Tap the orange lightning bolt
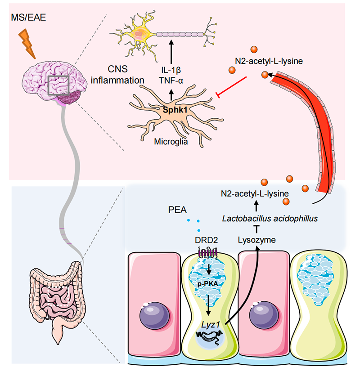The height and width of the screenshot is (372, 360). (28, 45)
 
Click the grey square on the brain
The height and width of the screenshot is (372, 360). (58, 86)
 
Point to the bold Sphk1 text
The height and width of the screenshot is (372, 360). (168, 109)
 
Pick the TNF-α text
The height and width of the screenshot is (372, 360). (171, 81)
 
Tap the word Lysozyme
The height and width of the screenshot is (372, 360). (256, 241)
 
